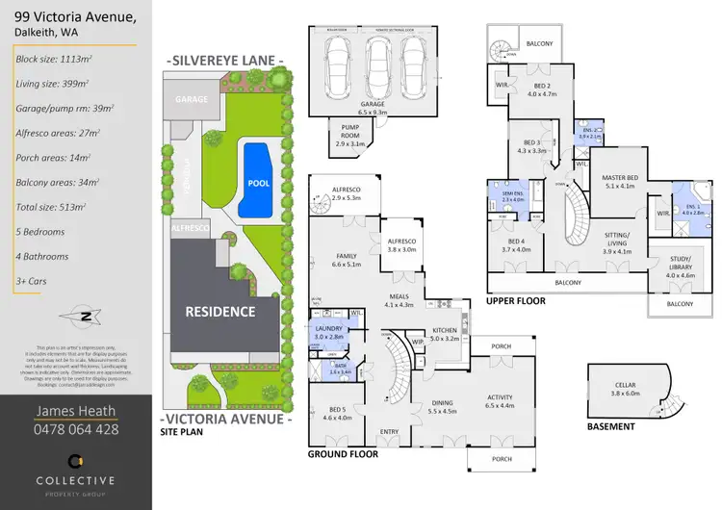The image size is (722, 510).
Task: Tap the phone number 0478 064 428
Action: click(x=78, y=429)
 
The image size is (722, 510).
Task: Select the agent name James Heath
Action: click(x=78, y=411)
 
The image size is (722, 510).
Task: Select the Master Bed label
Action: click(x=620, y=183)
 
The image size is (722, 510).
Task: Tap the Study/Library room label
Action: click(x=673, y=272)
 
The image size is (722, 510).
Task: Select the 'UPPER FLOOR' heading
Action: click(x=516, y=301)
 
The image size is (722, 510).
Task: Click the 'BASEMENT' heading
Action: click(x=610, y=426)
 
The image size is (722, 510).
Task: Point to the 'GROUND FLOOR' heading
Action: click(x=342, y=453)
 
